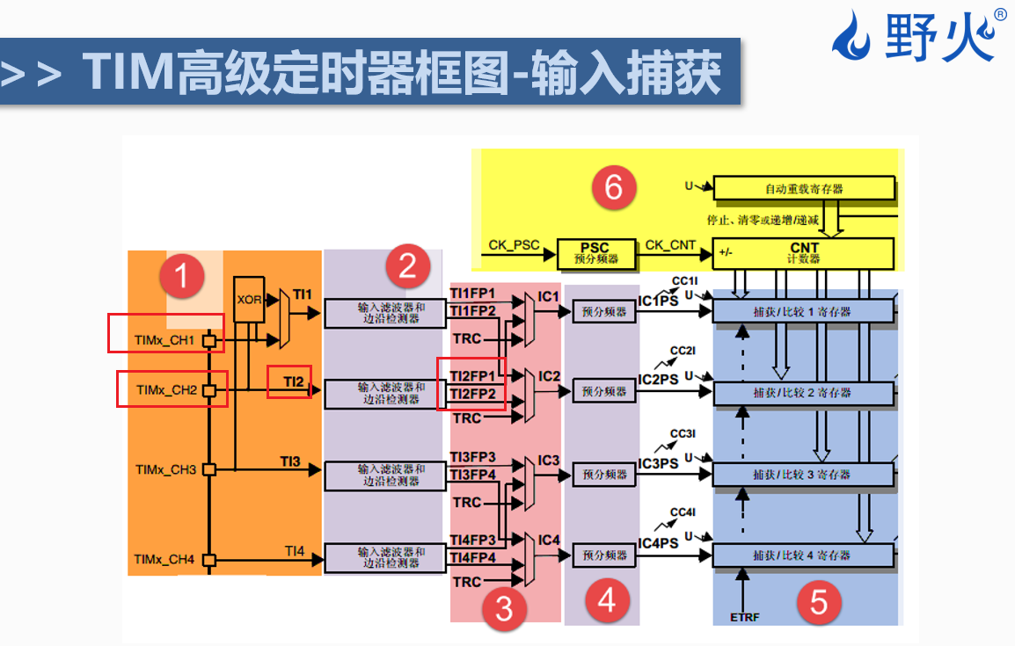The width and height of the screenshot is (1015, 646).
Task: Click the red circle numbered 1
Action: [x=182, y=278]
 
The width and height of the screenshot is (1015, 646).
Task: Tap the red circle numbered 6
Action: [x=613, y=186]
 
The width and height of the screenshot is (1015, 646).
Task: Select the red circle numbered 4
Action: [x=607, y=601]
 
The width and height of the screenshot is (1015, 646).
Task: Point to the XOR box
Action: [x=249, y=299]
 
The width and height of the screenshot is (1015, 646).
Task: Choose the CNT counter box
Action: [x=804, y=253]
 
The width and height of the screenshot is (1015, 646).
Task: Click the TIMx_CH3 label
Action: [x=164, y=469]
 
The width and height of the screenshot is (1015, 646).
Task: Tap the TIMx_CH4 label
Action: [x=164, y=559]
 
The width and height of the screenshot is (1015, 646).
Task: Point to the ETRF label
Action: [x=744, y=617]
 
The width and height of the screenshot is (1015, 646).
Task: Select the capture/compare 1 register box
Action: [x=802, y=312]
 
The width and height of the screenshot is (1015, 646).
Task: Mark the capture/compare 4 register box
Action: [x=802, y=555]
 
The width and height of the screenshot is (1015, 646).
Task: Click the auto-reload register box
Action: [x=804, y=188]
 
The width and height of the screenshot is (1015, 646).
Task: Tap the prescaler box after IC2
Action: [x=604, y=391]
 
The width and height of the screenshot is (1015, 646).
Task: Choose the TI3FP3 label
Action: [x=472, y=457]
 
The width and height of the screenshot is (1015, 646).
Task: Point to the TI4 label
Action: [x=294, y=551]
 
